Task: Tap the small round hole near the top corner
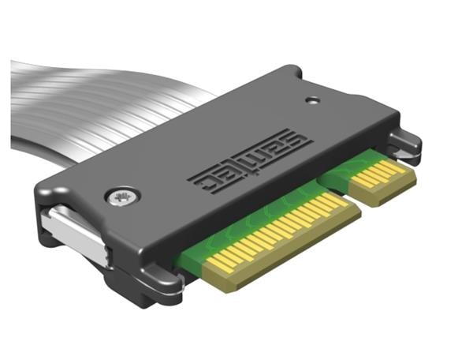pos(314,100)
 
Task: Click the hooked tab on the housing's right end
pos(406,146)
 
